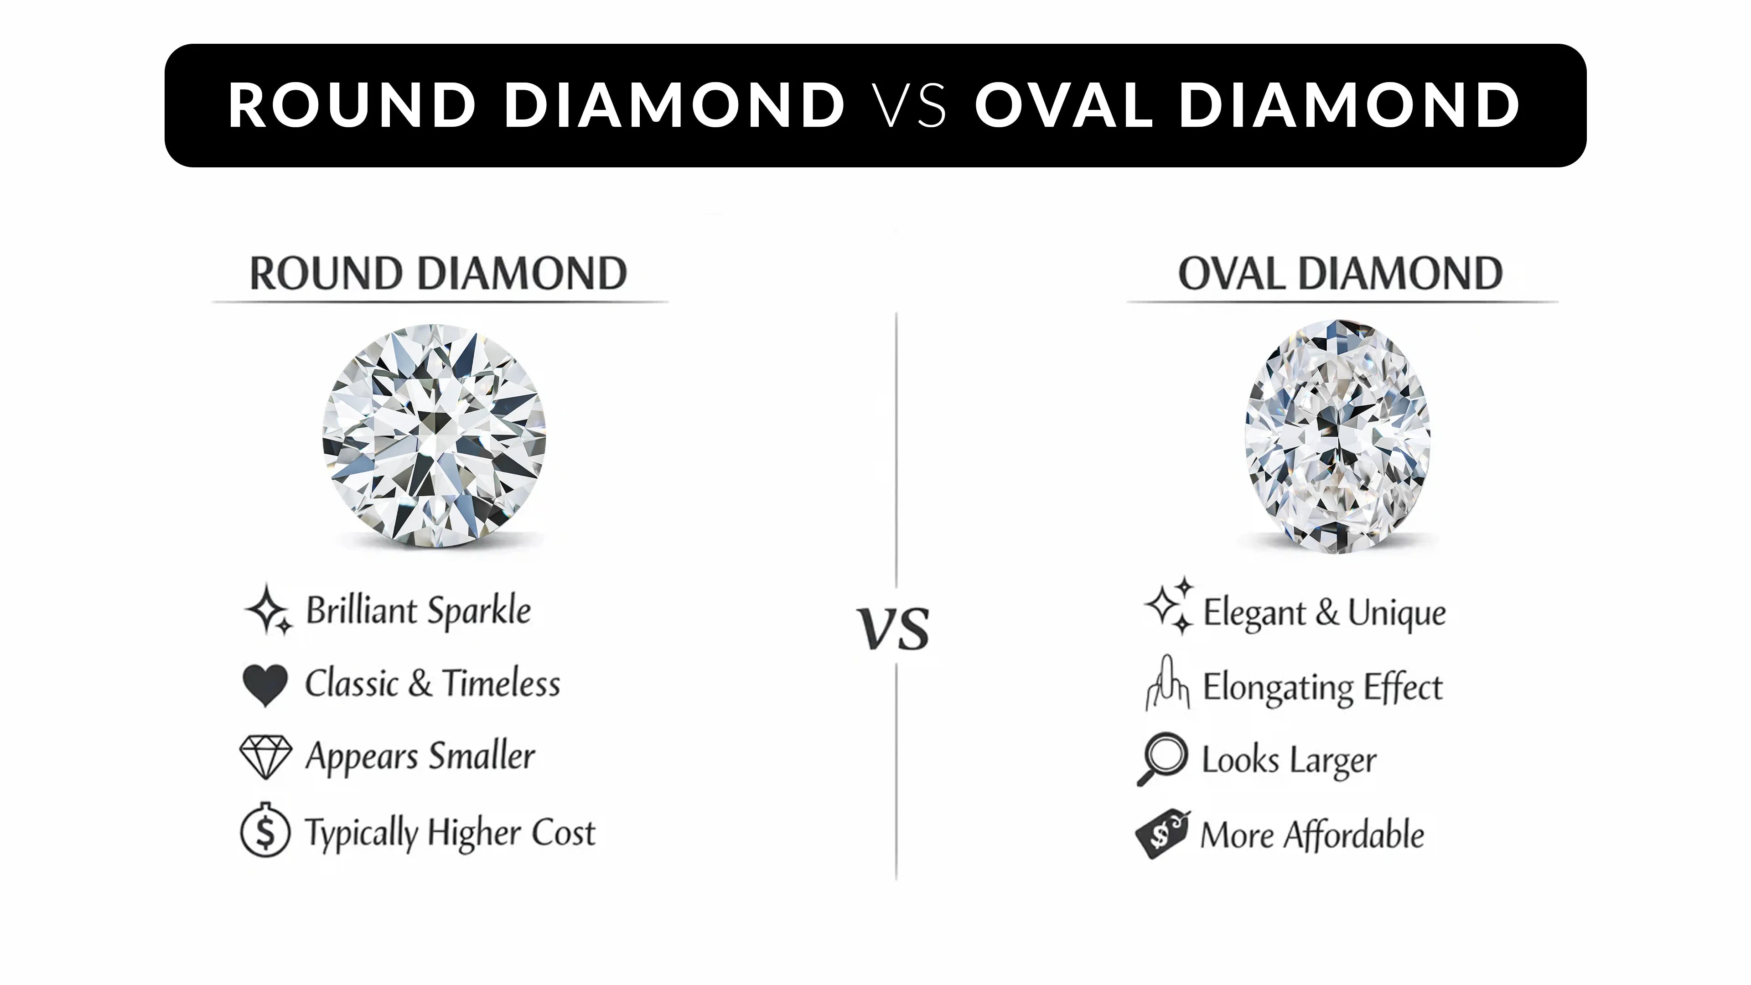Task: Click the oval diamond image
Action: pos(1337,436)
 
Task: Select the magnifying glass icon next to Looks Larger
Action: pos(1163,758)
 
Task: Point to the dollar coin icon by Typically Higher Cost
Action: pos(265,831)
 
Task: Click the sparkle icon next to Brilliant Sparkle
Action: pos(268,609)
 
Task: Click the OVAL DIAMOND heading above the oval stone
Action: pos(1340,274)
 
